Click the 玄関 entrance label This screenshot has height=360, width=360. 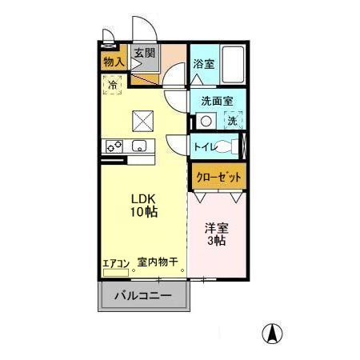pos(144,54)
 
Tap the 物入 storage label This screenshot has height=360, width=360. pos(114,62)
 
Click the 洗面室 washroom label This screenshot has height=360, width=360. pos(217,102)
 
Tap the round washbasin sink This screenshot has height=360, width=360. pos(206,121)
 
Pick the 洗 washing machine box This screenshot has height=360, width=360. pos(232,121)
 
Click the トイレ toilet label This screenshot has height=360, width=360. pos(205,146)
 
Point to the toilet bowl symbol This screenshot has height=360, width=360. pos(230,146)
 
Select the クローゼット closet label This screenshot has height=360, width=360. pos(217,177)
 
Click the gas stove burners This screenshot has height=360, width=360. pos(113,146)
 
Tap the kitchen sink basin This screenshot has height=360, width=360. pos(139,146)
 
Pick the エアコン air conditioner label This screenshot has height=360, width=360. pos(115,262)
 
